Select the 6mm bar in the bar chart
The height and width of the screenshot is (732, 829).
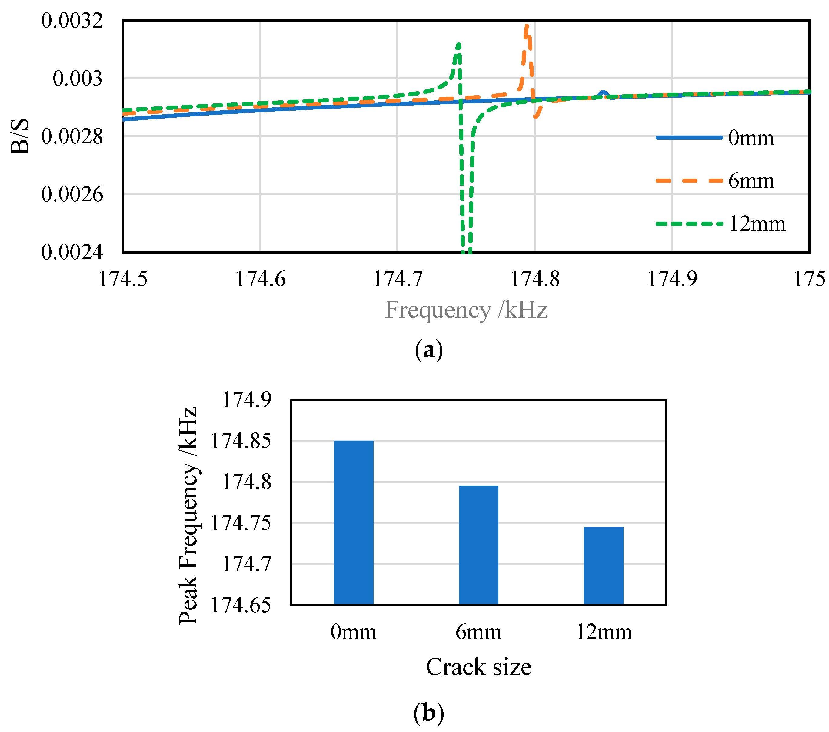click(478, 545)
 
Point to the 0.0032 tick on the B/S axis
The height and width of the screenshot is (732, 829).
click(72, 21)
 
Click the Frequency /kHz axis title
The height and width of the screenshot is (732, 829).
click(466, 310)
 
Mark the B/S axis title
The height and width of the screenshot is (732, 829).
click(20, 136)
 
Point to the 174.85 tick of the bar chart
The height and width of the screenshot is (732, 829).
click(241, 441)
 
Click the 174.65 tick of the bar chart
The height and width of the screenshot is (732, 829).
click(241, 605)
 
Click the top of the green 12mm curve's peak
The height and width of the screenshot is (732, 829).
click(458, 44)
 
